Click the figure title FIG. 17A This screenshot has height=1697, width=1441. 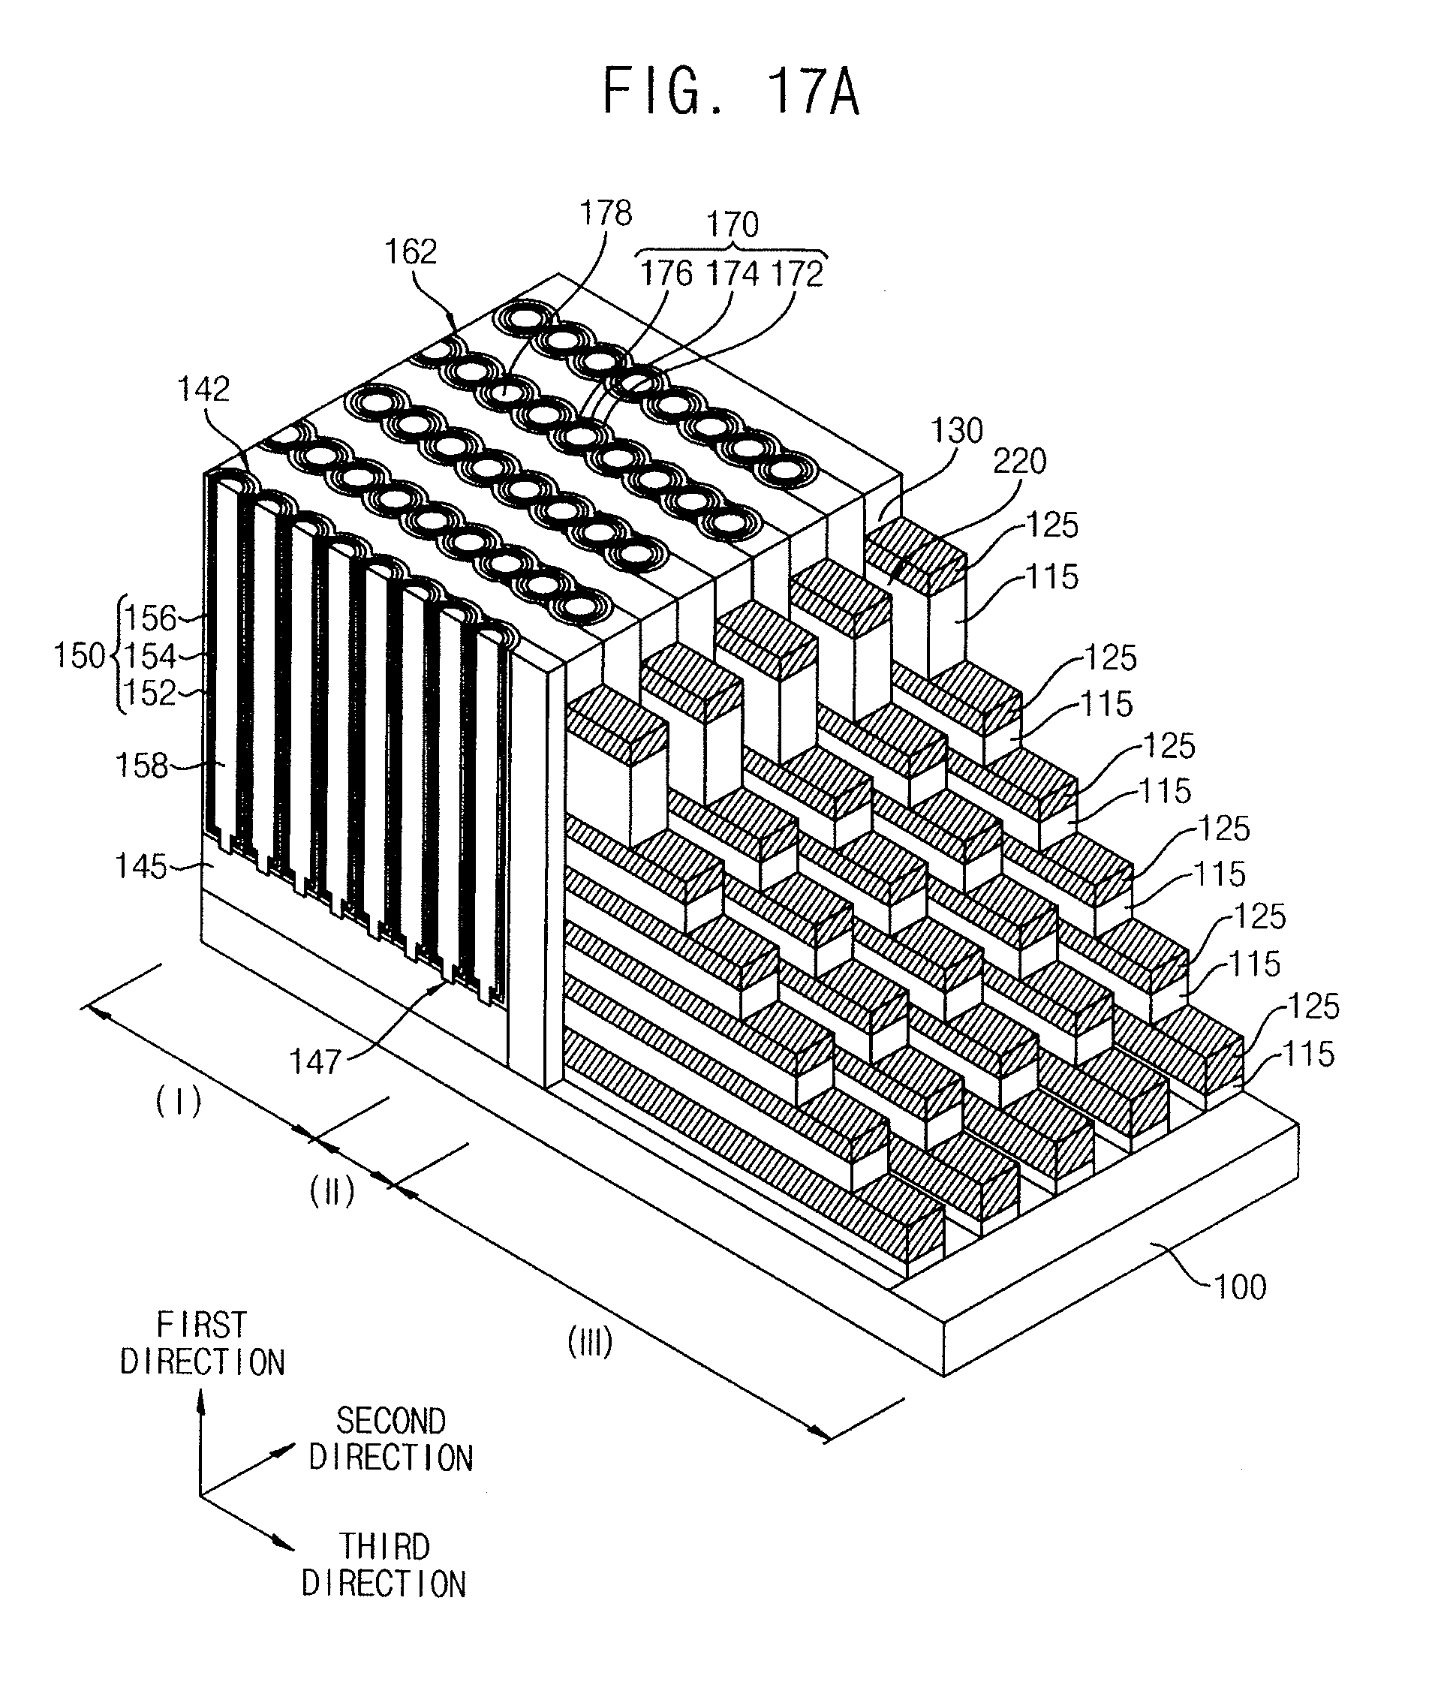[x=730, y=92]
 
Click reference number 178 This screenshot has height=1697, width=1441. [x=606, y=213]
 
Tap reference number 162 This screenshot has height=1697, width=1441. [x=411, y=251]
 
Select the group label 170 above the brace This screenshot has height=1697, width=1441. [x=732, y=224]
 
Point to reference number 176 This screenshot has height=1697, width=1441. [x=666, y=273]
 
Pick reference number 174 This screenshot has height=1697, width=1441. [x=732, y=273]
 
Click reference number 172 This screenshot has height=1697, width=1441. [x=796, y=273]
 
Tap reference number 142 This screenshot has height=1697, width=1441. [x=204, y=389]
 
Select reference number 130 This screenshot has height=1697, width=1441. [x=958, y=431]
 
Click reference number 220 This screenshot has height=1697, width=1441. [x=1019, y=462]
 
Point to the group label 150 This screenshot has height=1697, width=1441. [x=80, y=655]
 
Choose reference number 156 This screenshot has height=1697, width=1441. [x=151, y=618]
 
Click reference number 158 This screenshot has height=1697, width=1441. [x=141, y=766]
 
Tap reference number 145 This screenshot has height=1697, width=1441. [x=140, y=866]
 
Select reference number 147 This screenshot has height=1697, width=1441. [x=314, y=1061]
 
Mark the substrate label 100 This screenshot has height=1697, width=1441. [x=1240, y=1288]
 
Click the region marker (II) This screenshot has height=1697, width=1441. [x=332, y=1193]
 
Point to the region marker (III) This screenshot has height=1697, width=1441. [x=590, y=1343]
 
